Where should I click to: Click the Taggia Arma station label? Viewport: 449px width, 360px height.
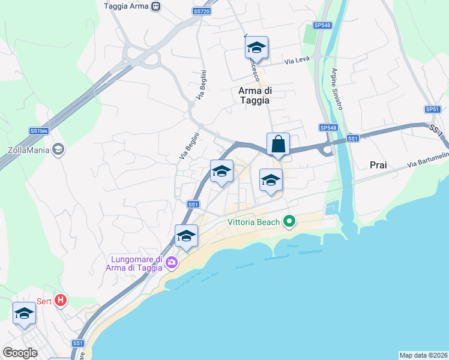point(125,6)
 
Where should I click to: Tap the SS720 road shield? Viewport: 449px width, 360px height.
point(202,11)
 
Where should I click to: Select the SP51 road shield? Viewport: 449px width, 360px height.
point(433,109)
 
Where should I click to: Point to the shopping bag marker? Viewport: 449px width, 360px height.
point(278,145)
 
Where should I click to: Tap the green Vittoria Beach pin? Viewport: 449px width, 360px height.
point(289,222)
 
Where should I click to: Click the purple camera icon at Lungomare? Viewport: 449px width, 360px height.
point(172,262)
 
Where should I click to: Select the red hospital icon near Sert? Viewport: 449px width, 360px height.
point(60,300)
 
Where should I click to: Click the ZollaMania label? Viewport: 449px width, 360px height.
point(28,150)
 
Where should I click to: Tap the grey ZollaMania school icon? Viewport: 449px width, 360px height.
point(58,149)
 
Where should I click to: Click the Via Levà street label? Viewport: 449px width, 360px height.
point(295,61)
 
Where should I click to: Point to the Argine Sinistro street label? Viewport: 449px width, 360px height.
point(336,89)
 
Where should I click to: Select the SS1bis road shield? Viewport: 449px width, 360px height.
point(38,131)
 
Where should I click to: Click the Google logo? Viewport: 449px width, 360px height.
point(20,352)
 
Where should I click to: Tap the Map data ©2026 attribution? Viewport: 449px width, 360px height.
point(423,355)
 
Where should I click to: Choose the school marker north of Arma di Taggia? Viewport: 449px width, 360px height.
point(256,48)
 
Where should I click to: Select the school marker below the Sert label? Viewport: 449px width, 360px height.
point(24,314)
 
